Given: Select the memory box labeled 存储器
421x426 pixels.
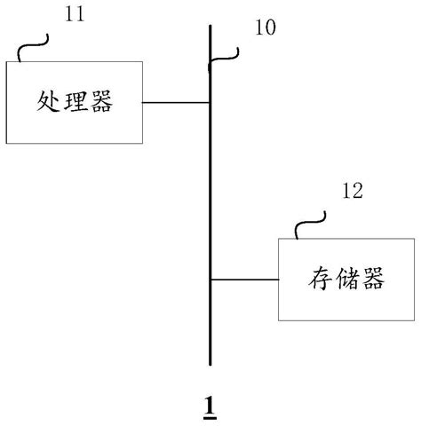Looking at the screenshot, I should [346, 279].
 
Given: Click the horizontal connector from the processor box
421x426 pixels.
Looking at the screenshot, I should [176, 102].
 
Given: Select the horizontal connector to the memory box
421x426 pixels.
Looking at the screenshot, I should [244, 280].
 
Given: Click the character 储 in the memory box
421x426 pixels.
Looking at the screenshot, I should [346, 280].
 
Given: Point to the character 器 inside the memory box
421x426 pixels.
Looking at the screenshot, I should [372, 280].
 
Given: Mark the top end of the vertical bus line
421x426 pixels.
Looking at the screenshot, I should [210, 27].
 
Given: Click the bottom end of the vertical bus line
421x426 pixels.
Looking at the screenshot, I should [210, 364].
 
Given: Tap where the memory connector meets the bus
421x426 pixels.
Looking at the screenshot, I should [210, 280].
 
